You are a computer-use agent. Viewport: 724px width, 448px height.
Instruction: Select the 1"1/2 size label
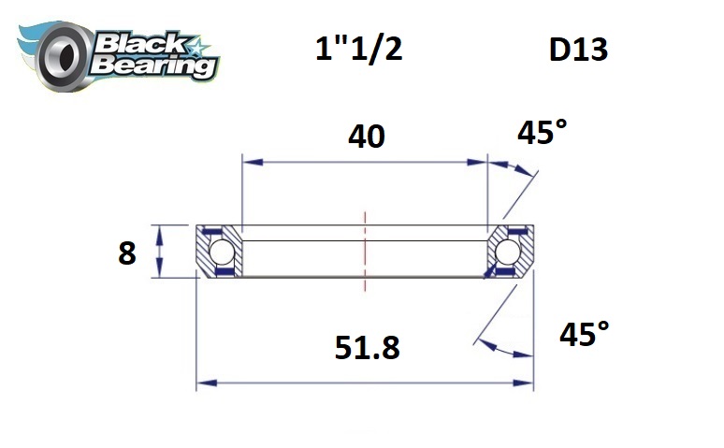pyautogui.click(x=358, y=48)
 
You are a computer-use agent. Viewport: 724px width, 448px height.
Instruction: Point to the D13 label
pyautogui.click(x=578, y=50)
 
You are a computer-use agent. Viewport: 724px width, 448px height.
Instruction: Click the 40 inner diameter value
pyautogui.click(x=366, y=137)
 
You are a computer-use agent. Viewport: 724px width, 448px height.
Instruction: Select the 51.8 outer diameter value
pyautogui.click(x=367, y=348)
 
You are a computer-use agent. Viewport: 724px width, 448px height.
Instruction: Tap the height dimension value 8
pyautogui.click(x=128, y=253)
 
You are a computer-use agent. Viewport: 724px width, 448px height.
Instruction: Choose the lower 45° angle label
pyautogui.click(x=584, y=334)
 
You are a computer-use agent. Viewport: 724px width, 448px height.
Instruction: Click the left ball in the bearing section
pyautogui.click(x=221, y=252)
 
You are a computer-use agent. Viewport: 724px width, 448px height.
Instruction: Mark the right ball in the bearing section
pyautogui.click(x=509, y=252)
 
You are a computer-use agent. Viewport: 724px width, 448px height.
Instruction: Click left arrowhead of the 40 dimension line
pyautogui.click(x=249, y=162)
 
